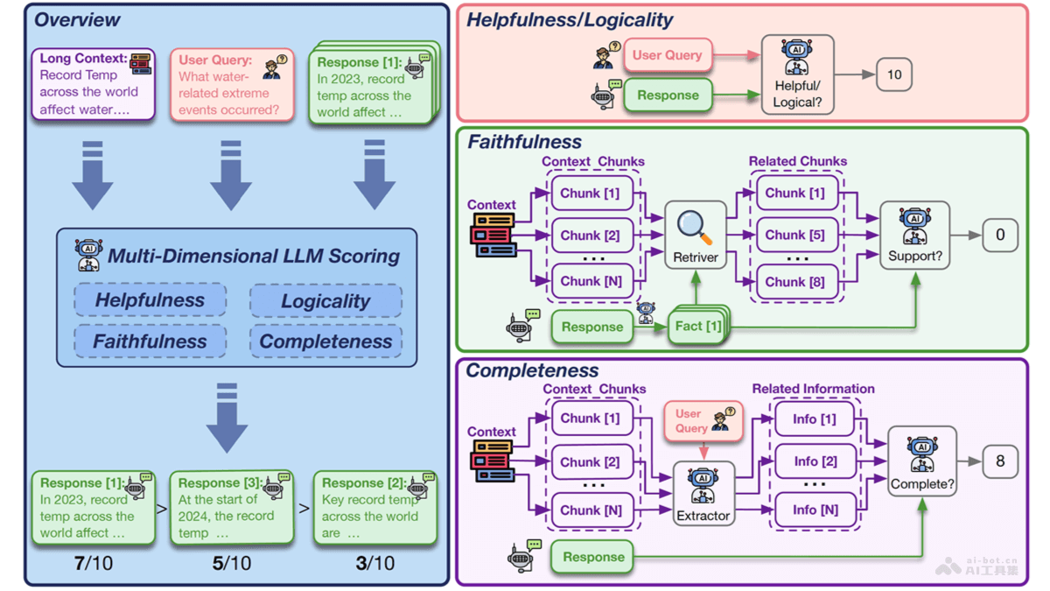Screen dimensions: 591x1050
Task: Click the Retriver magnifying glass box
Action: (x=696, y=235)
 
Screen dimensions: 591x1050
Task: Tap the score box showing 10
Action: (x=893, y=75)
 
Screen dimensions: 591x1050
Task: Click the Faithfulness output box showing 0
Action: (x=999, y=235)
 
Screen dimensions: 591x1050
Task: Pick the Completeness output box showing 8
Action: (x=999, y=461)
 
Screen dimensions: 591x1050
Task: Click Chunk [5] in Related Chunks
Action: (x=794, y=235)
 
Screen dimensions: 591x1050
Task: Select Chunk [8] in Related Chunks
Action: (x=794, y=281)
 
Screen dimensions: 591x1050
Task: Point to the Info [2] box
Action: (x=815, y=461)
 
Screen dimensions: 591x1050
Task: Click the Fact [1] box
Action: (x=697, y=327)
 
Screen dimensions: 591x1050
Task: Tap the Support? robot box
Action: (x=914, y=235)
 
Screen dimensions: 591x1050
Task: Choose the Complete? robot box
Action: (x=922, y=461)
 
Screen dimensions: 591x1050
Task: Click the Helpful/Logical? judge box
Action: (x=796, y=75)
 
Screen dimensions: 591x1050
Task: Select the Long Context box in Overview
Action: (x=94, y=83)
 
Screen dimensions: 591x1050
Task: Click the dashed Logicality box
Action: (x=325, y=300)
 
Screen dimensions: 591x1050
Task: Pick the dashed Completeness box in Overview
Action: (x=325, y=341)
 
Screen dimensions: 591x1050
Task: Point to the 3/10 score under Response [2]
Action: (x=374, y=562)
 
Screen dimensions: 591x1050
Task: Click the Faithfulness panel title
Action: (x=525, y=142)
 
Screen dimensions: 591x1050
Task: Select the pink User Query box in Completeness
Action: (x=703, y=420)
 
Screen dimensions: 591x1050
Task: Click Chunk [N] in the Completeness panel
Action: (x=591, y=509)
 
